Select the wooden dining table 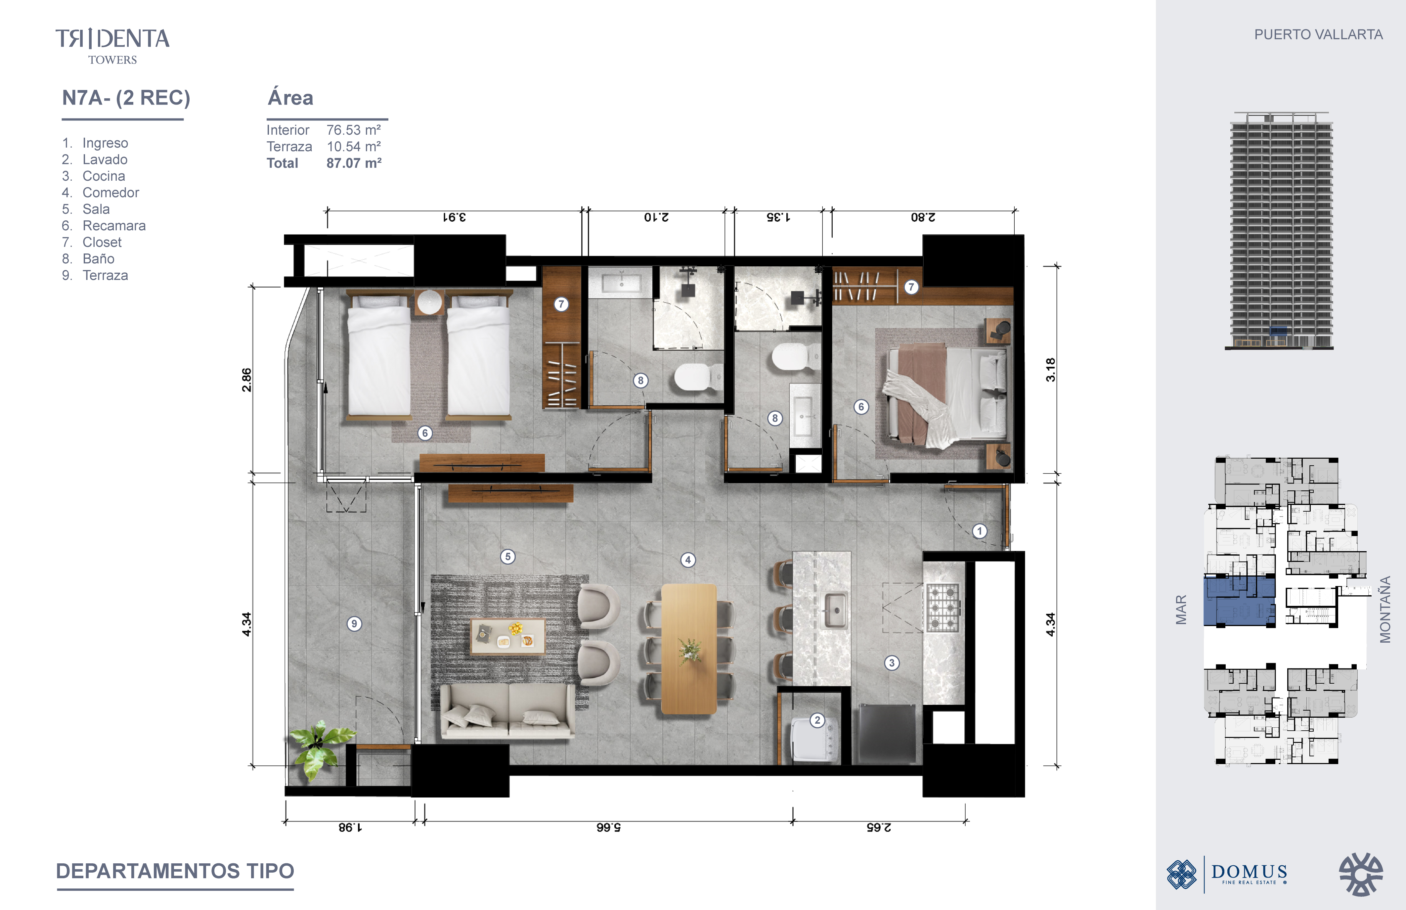tap(689, 648)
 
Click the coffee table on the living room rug tap(507, 636)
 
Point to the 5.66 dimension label tap(608, 827)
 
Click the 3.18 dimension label tap(1050, 370)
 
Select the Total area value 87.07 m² tap(354, 163)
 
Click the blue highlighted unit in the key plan tap(1239, 602)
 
